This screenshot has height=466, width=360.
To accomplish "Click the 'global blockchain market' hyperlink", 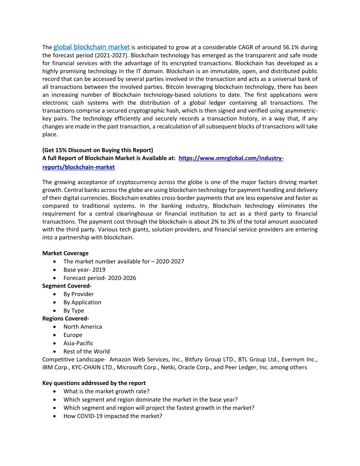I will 91,47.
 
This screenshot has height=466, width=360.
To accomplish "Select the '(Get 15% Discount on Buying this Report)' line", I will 98,150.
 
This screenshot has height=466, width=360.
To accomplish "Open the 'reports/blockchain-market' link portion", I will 78,167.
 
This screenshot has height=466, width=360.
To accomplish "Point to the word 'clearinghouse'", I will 135,214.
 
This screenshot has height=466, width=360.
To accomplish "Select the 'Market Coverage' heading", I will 65,253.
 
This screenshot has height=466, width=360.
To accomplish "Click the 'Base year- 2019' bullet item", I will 84,270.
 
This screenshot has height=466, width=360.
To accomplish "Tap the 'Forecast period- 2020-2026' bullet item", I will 100,278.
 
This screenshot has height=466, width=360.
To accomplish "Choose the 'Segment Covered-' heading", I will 67,286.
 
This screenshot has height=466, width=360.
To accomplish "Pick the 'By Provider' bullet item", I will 78,294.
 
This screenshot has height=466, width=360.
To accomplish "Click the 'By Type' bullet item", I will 74,311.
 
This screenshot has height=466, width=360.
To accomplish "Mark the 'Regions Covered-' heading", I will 66,319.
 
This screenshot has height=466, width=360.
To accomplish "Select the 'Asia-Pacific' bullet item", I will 78,343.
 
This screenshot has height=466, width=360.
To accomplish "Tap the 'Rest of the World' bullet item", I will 86,351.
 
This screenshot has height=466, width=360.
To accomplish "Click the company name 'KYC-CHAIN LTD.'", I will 94,368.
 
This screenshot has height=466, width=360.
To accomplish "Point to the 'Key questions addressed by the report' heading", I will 94,383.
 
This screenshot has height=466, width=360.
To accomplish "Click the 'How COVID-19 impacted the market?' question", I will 113,416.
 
